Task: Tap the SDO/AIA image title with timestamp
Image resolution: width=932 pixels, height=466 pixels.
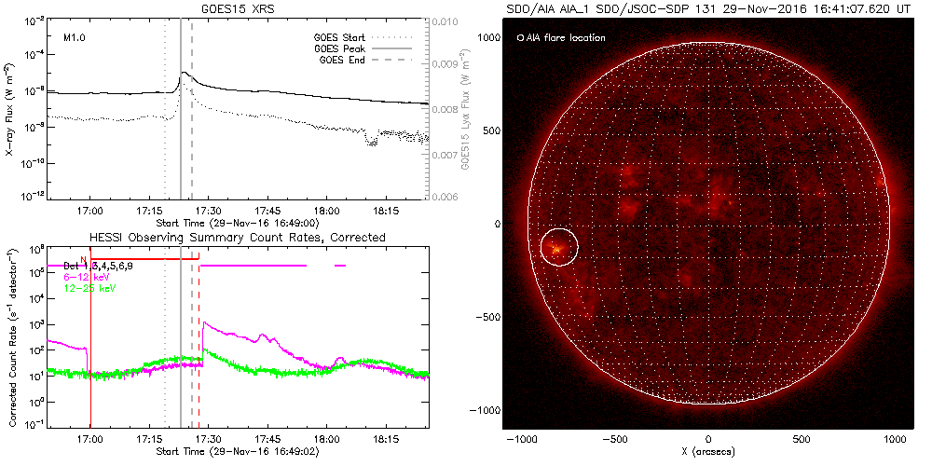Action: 709,8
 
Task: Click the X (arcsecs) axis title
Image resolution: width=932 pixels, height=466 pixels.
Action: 709,452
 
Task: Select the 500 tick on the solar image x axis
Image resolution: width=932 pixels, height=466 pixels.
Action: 802,438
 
